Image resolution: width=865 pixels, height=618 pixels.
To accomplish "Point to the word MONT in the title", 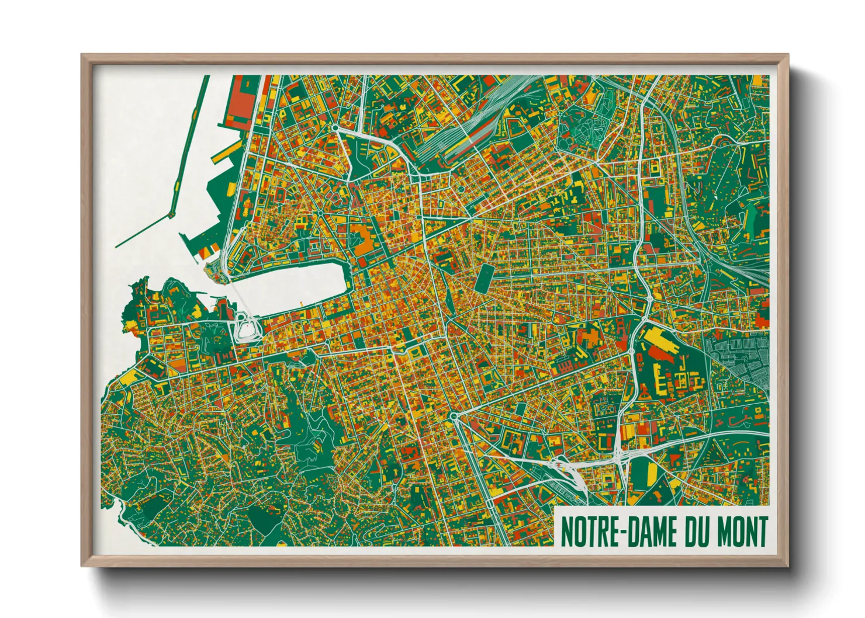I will (741, 532).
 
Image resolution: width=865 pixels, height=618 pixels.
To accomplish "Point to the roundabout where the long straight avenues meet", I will (454, 416).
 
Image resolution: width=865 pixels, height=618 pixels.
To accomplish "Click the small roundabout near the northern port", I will (335, 127).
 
